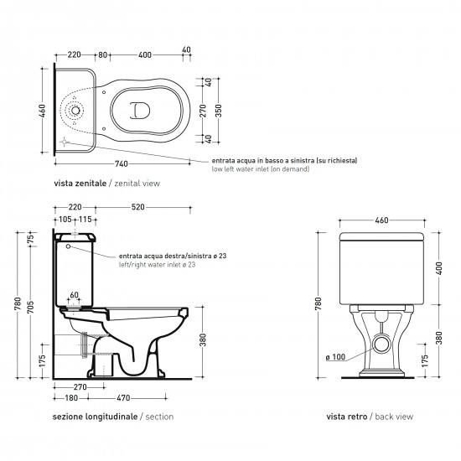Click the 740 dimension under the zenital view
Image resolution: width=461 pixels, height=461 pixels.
[122, 163]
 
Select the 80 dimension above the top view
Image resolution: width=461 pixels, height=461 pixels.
[102, 54]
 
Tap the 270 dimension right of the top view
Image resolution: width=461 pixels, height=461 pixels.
[203, 111]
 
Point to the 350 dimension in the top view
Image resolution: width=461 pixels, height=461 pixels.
[219, 111]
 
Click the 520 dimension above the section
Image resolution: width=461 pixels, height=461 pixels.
[138, 207]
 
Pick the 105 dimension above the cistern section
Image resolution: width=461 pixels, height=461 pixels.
[65, 220]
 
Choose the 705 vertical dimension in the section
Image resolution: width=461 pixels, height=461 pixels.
[31, 307]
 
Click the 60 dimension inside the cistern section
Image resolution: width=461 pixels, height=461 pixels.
[75, 295]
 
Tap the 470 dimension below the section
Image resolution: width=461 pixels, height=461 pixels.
[123, 398]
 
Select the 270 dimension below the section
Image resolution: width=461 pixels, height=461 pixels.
[80, 387]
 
